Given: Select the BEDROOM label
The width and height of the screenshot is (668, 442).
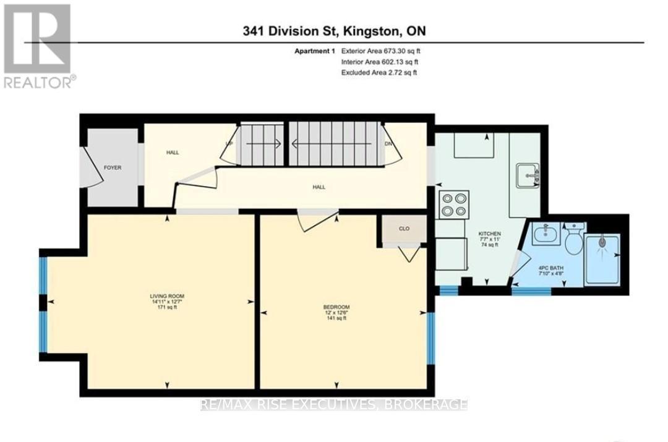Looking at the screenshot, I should point(336,307).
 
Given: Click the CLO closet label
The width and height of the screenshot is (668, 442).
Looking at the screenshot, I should point(404,228).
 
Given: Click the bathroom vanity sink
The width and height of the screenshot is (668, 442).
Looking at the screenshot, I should point(546,233).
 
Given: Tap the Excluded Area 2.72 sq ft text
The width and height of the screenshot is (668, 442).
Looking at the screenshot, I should point(379,72).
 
